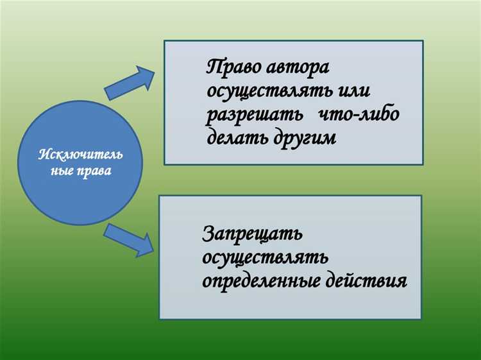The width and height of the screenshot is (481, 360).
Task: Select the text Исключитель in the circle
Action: click(80, 155)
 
